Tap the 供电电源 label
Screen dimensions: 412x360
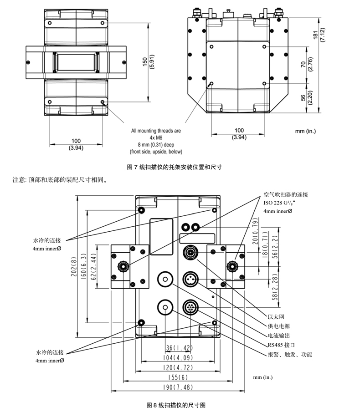[278, 326]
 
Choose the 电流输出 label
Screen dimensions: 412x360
[278, 336]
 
